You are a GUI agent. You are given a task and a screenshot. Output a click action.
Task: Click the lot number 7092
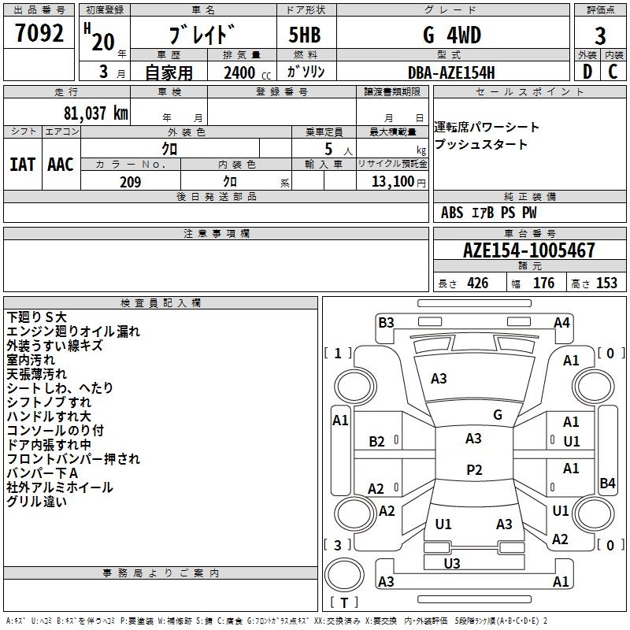click(39, 35)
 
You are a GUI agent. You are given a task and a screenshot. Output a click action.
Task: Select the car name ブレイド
click(202, 36)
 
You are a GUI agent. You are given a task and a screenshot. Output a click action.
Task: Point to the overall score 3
click(600, 36)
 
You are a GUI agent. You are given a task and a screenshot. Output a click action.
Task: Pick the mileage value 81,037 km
click(92, 113)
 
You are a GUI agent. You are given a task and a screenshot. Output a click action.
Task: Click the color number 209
click(130, 182)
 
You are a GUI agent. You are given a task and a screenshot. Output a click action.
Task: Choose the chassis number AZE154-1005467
click(528, 251)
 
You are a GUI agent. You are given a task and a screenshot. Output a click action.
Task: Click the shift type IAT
click(22, 165)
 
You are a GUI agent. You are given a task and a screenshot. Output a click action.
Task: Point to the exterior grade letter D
click(587, 72)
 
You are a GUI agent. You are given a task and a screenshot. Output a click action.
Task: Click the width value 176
click(543, 283)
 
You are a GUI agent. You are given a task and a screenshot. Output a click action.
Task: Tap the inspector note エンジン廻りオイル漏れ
click(72, 332)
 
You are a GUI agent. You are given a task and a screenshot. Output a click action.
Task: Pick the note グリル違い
click(36, 502)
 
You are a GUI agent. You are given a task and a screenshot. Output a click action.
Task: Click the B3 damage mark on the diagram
click(386, 322)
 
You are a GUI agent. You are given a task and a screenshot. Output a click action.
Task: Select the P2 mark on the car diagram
click(474, 469)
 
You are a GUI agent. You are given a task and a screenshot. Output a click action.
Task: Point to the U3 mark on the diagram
click(452, 563)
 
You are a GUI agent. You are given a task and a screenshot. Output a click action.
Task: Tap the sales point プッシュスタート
click(480, 145)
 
